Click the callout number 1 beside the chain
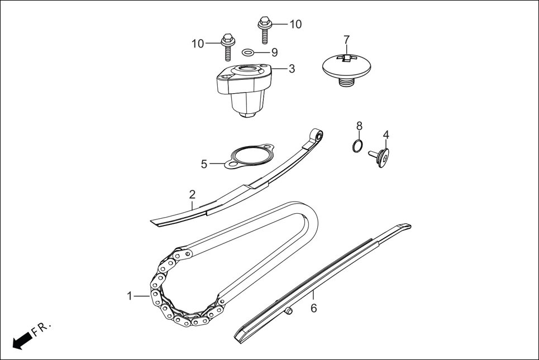pos(130,295)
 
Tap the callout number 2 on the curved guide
pos(192,195)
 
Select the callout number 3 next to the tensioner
pos(292,69)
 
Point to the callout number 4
pos(386,135)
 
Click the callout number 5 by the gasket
pos(204,164)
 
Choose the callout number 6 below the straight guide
pos(313,308)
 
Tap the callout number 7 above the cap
pos(346,40)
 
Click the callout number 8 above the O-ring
pos(360,126)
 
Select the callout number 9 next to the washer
pos(274,52)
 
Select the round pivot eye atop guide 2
pos(318,135)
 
